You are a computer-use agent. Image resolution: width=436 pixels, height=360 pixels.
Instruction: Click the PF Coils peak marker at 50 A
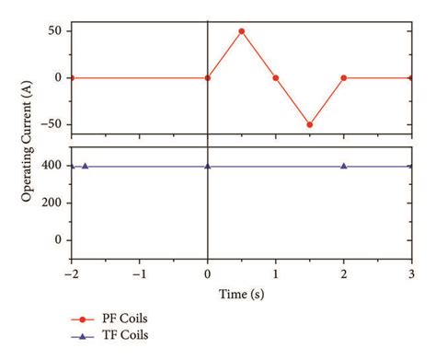pyautogui.click(x=242, y=31)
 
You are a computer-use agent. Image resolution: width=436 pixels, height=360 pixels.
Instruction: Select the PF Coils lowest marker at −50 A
pyautogui.click(x=310, y=124)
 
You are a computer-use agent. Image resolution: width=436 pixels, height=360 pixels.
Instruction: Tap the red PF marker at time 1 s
pyautogui.click(x=276, y=78)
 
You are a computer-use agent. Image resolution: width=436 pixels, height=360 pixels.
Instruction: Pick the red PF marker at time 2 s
pyautogui.click(x=343, y=78)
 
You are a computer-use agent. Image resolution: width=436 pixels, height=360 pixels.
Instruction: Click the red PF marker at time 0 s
pyautogui.click(x=208, y=78)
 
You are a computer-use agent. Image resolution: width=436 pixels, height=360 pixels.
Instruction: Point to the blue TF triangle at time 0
pyautogui.click(x=208, y=166)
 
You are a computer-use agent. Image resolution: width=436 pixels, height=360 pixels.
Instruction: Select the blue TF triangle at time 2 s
pyautogui.click(x=343, y=166)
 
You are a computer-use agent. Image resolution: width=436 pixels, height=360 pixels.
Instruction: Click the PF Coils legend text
pyautogui.click(x=127, y=319)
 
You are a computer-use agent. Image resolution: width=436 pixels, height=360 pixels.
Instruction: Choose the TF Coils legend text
pyautogui.click(x=127, y=336)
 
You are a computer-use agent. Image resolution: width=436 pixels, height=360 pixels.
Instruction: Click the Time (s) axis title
pyautogui.click(x=241, y=293)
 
